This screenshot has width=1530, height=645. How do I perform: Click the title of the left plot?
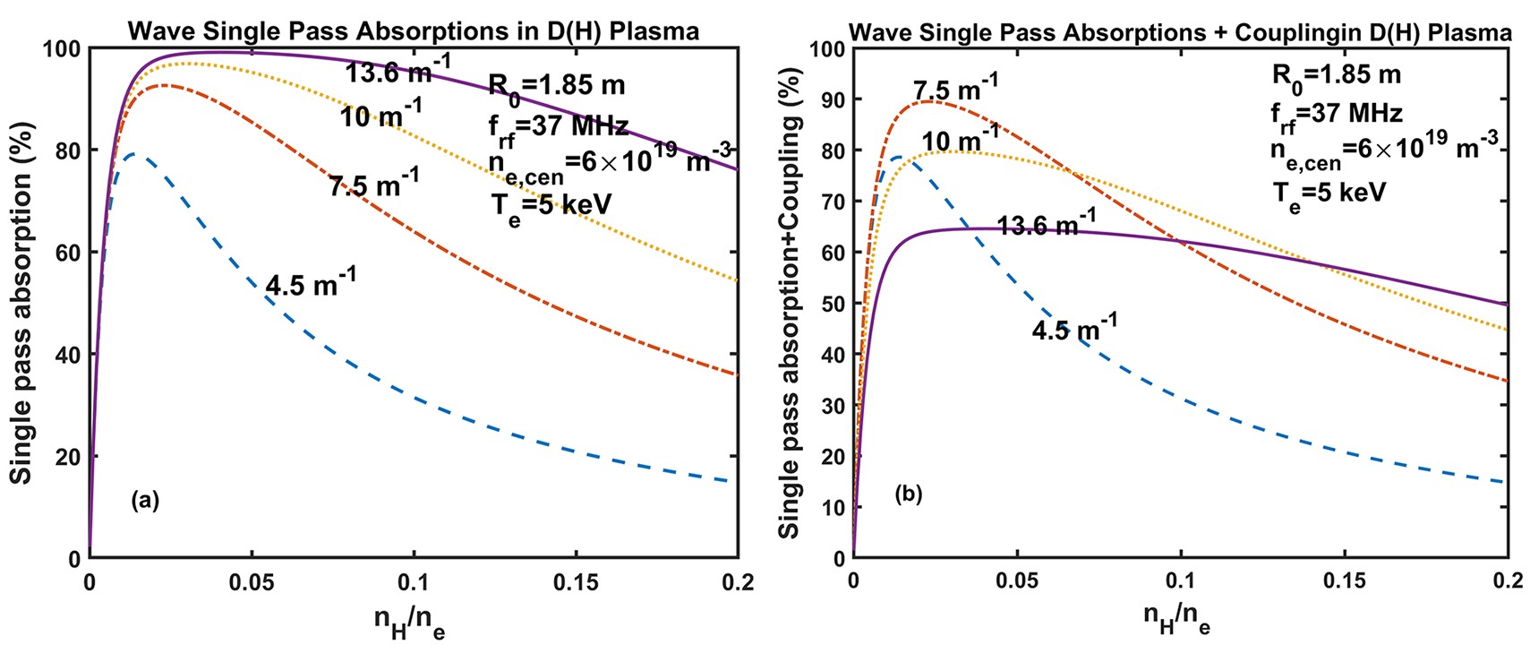click(413, 31)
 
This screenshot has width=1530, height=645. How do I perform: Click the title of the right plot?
click(1180, 33)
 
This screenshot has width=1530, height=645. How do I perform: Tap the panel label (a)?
click(145, 500)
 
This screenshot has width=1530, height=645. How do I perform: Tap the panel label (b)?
click(908, 494)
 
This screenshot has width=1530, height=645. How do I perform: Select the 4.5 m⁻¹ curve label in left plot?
click(311, 283)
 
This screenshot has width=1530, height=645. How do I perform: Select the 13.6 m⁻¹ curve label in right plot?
click(1046, 223)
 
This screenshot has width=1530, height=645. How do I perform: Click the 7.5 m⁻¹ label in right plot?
click(955, 89)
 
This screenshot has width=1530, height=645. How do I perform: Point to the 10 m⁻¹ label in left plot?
click(380, 114)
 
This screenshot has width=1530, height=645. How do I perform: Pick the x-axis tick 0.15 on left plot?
click(576, 582)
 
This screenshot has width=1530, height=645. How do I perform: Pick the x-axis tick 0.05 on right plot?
click(1017, 580)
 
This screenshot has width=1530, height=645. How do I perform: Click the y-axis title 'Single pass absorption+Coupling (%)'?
click(789, 303)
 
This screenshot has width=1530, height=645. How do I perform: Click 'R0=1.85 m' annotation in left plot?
click(556, 87)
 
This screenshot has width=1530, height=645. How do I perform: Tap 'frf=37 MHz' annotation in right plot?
click(1323, 115)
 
